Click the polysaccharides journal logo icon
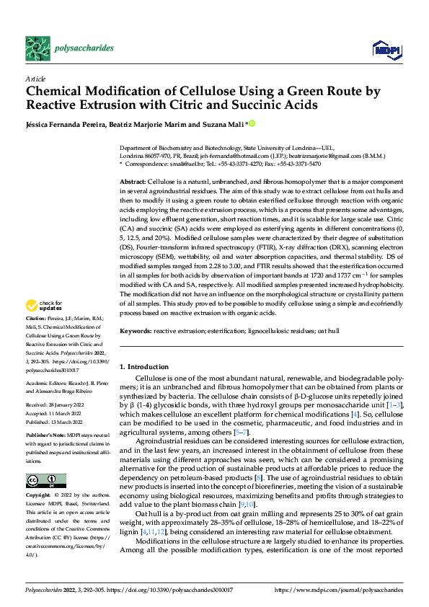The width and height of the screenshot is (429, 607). pos(37,48)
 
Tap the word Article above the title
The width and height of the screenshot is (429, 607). pos(35,79)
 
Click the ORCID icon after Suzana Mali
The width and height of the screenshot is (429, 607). pos(252,124)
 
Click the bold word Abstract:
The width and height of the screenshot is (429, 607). pos(132,181)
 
